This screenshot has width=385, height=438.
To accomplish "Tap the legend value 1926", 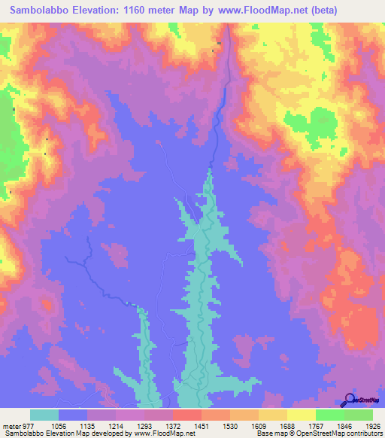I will (373, 425).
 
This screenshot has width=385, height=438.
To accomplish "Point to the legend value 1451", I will (202, 425).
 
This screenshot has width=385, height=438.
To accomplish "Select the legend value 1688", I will (287, 425).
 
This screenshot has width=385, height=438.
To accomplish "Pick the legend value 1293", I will (144, 425).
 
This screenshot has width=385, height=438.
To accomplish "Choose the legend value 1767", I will (316, 425).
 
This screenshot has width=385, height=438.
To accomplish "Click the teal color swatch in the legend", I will (44, 415).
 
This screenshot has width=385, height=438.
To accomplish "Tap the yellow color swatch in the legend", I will (302, 415).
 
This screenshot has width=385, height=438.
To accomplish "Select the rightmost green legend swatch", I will (359, 415).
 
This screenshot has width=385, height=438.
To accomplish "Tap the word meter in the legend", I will (11, 425).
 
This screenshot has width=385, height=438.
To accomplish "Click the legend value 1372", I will (173, 425).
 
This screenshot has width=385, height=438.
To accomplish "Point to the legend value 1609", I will (259, 425).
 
